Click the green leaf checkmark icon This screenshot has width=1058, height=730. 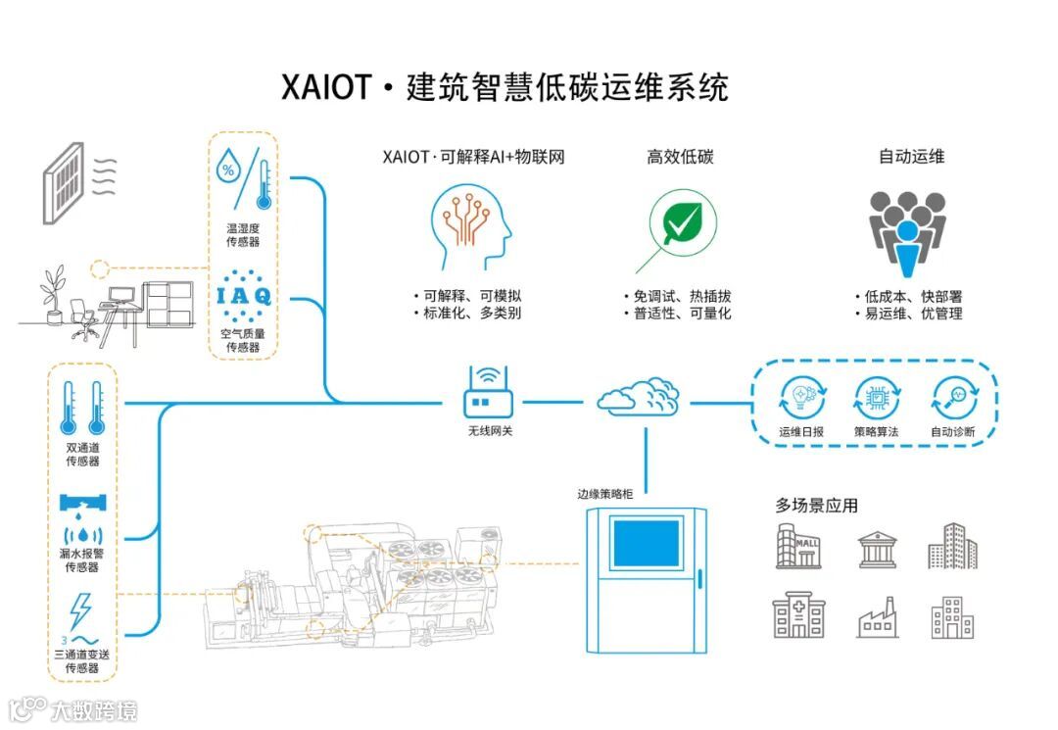click(682, 223)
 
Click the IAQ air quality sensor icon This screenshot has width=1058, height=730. click(244, 295)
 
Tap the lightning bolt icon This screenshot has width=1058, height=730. click(81, 610)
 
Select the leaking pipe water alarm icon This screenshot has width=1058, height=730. click(82, 514)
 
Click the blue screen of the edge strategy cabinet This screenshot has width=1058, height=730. click(646, 543)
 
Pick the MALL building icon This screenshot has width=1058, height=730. click(798, 546)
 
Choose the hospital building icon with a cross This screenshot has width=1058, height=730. click(798, 615)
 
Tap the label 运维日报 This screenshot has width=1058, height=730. click(801, 431)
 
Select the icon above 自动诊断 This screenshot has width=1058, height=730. click(954, 399)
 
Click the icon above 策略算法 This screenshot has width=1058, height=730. click(877, 399)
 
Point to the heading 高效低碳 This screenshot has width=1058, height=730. click(681, 157)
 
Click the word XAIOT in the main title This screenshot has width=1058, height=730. click(326, 88)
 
